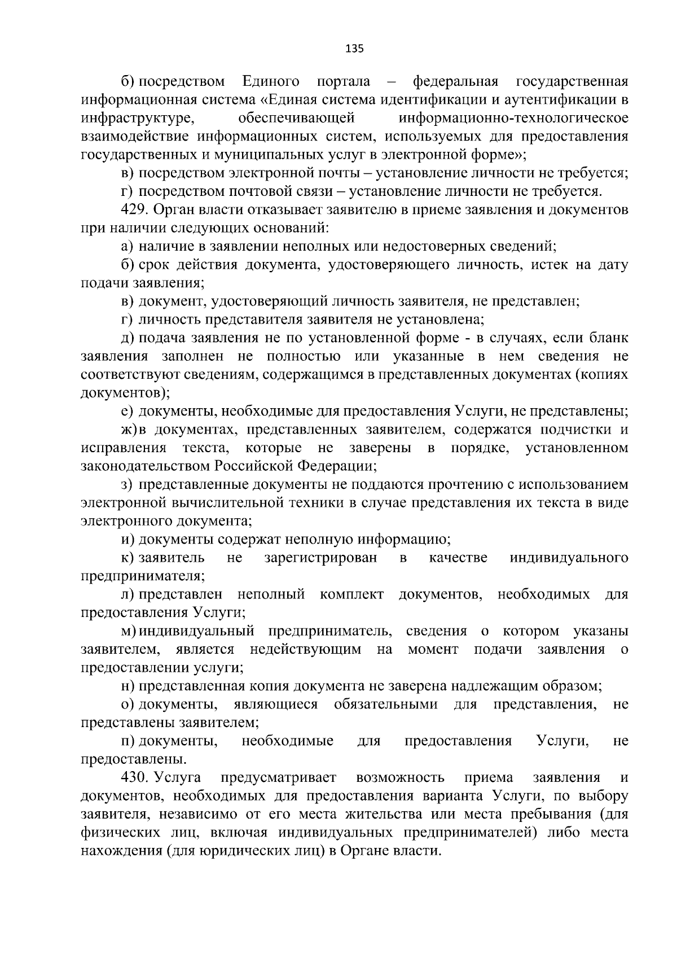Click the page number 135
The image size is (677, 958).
(x=354, y=49)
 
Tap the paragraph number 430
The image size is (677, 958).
(x=134, y=777)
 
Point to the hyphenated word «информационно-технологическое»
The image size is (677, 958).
(x=513, y=119)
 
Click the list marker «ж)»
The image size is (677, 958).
(x=129, y=430)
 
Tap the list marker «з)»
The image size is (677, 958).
(x=127, y=484)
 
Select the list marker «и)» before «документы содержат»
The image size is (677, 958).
(x=128, y=539)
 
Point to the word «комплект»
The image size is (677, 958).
(x=351, y=594)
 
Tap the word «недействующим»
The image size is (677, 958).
(x=305, y=649)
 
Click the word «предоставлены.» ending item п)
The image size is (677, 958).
(x=134, y=759)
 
